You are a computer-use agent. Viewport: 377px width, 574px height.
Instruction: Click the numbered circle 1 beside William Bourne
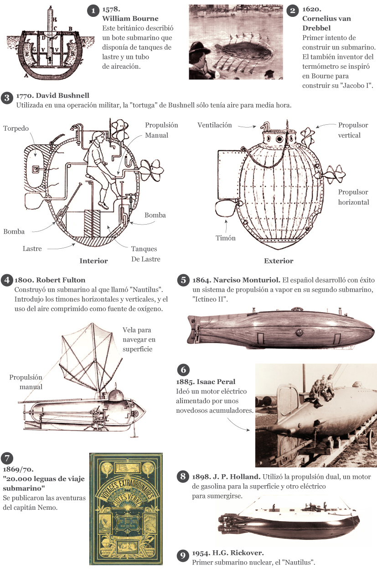pos(93,10)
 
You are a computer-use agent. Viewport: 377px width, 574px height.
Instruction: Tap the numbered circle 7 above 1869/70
pos(7,458)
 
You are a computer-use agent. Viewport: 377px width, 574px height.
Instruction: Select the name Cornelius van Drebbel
pos(326,23)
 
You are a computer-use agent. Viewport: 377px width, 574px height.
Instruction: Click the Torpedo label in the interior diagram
pos(16,128)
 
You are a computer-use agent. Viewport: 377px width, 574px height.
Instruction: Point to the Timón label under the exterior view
pos(226,238)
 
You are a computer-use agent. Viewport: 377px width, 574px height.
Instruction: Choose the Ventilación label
pos(214,125)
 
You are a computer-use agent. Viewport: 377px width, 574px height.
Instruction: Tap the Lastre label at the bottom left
pos(32,249)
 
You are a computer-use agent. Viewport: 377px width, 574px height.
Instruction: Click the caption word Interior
pos(93,261)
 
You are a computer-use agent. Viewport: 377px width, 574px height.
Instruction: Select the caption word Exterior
pos(279,261)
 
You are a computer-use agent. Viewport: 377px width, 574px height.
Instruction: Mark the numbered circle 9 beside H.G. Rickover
pos(182,555)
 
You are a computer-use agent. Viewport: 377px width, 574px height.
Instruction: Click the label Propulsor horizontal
pos(353,197)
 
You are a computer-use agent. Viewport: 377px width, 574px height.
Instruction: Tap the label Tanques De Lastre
pos(144,254)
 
